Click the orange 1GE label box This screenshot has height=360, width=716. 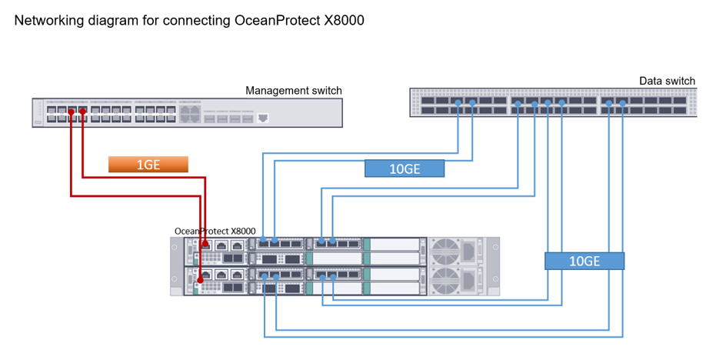148,164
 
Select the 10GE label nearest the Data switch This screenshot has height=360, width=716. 405,168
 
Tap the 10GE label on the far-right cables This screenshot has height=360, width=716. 584,261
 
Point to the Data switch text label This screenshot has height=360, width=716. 667,81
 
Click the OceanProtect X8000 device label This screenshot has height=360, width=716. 215,230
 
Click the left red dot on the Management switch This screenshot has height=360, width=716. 71,112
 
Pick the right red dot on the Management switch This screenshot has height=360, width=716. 82,112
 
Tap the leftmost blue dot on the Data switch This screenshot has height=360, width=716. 458,103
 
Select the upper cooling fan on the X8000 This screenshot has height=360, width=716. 445,251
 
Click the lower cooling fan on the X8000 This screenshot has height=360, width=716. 445,280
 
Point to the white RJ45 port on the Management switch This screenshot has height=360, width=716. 263,118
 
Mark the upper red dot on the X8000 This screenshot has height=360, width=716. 205,244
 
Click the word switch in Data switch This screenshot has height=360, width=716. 680,81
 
